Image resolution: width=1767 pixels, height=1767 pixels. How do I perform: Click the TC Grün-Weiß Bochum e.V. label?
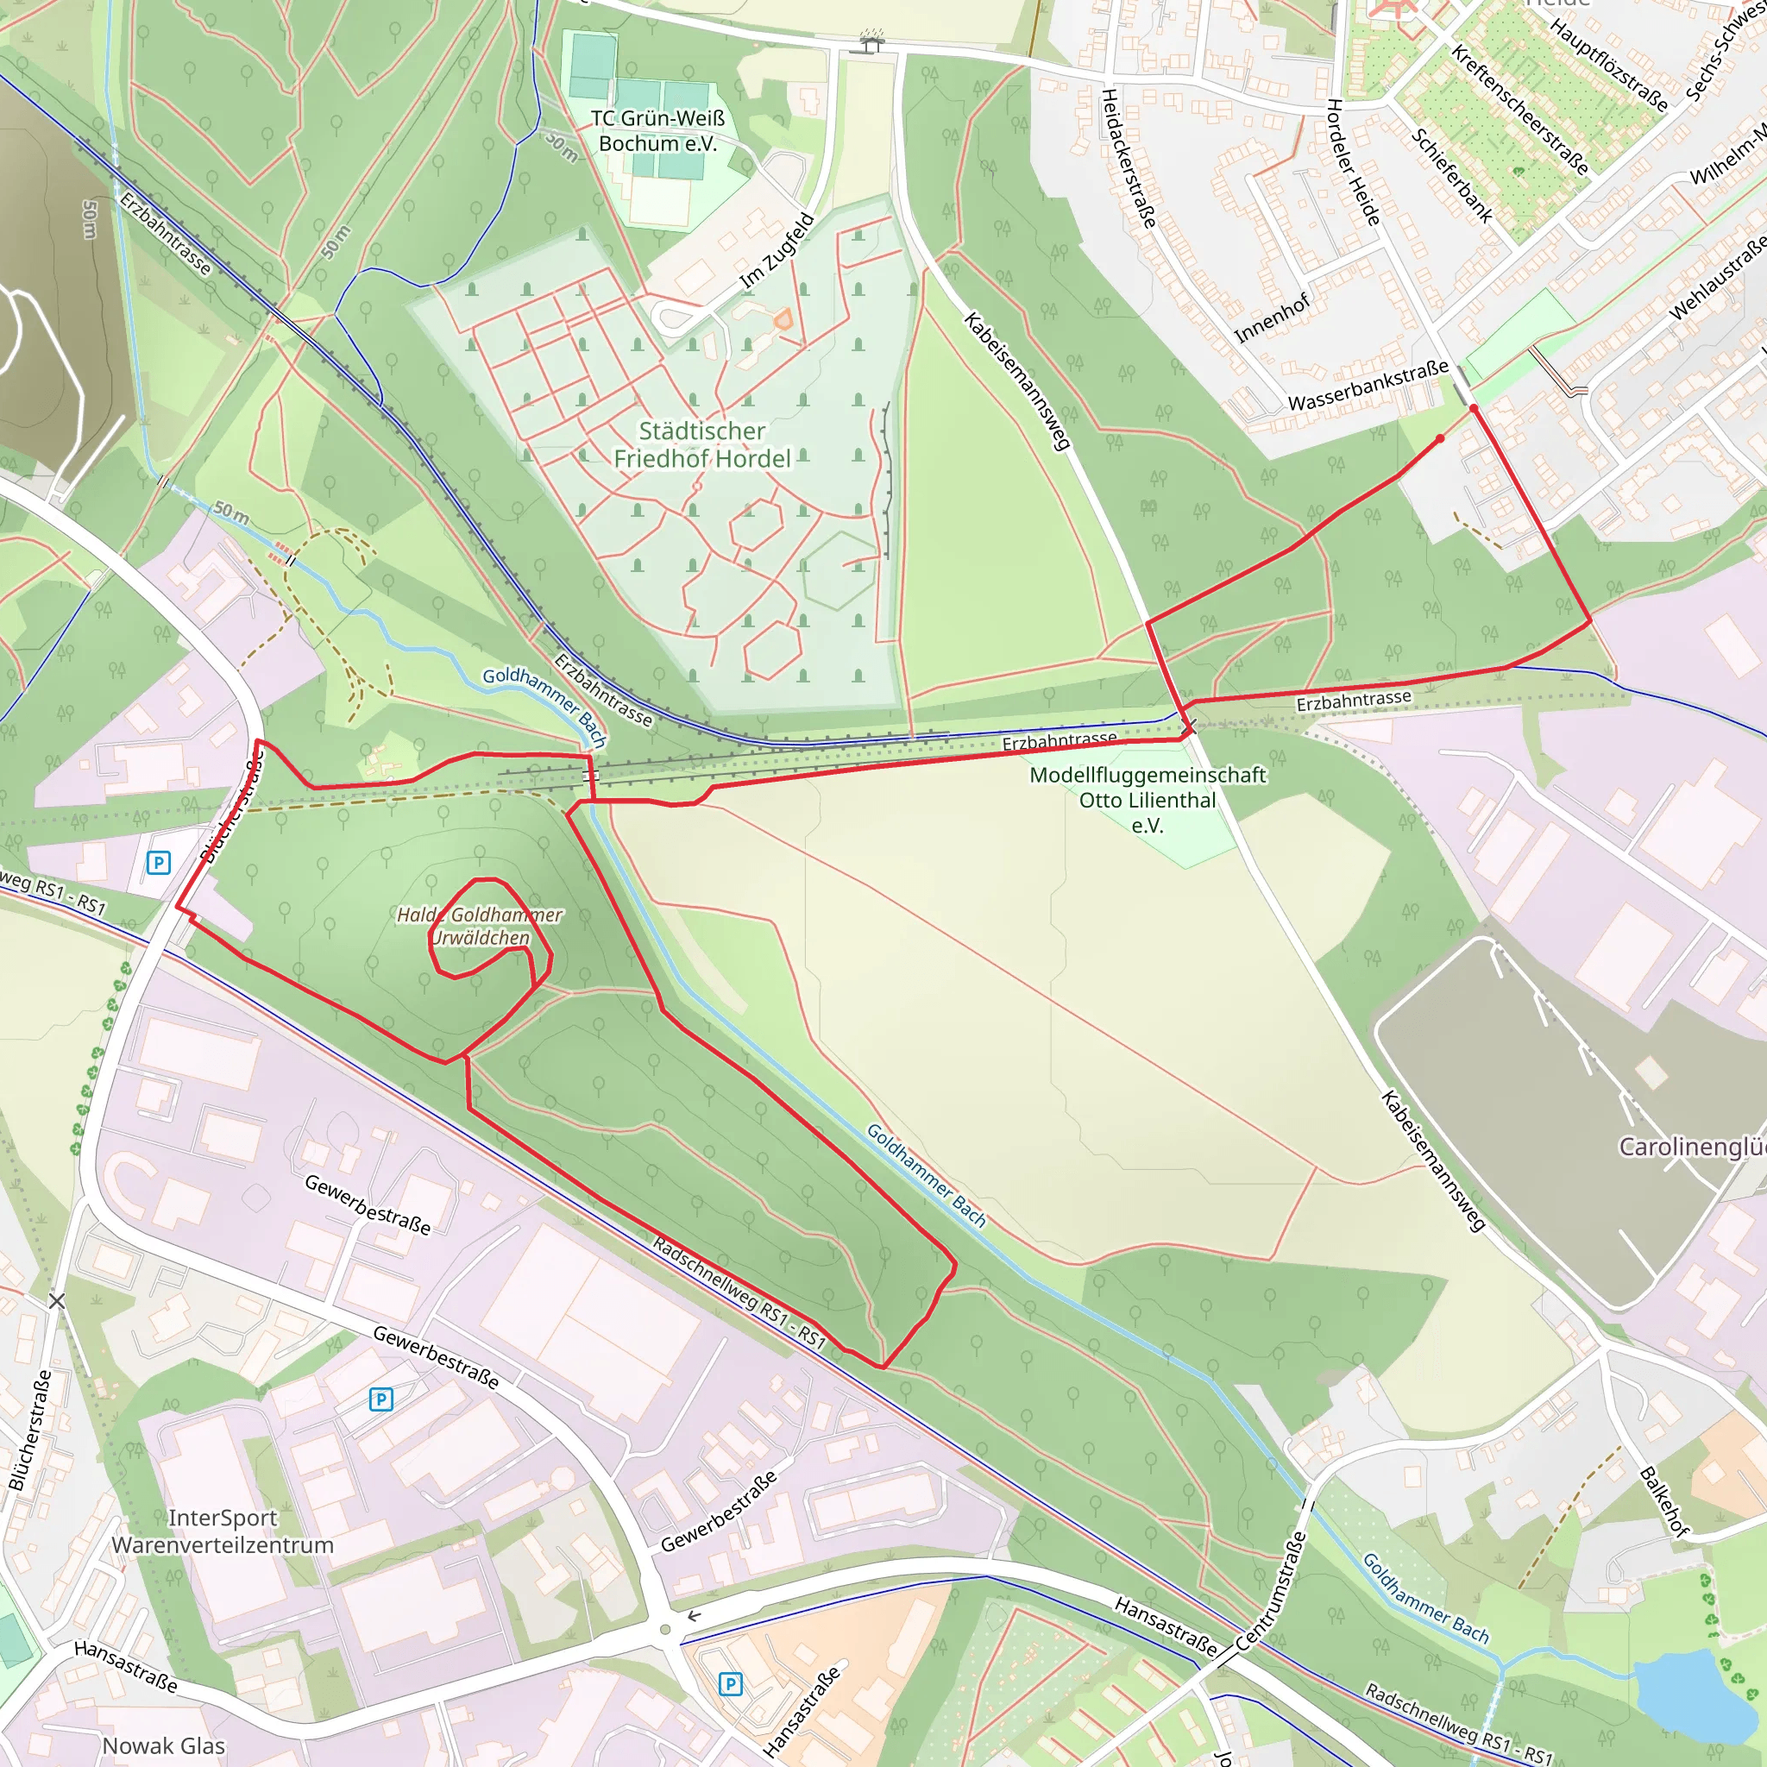(657, 131)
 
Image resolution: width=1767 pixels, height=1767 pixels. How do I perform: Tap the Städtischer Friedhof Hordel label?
(701, 444)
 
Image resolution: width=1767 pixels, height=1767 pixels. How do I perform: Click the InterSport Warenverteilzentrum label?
(223, 1531)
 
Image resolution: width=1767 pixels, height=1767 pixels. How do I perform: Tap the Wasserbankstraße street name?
(1368, 385)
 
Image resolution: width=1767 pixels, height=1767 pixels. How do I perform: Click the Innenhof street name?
(1273, 318)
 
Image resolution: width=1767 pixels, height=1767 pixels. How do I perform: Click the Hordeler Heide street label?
(1353, 162)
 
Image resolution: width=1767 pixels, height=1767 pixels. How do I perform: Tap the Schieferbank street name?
(1452, 176)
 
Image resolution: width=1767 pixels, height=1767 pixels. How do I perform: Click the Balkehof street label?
(1663, 1501)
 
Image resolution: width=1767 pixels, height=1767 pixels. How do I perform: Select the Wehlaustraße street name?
(1717, 279)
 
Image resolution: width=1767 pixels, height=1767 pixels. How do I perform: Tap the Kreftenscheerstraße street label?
(1519, 109)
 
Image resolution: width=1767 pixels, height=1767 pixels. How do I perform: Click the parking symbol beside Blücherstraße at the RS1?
(159, 863)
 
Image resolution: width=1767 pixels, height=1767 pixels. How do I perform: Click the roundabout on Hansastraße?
(666, 1630)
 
